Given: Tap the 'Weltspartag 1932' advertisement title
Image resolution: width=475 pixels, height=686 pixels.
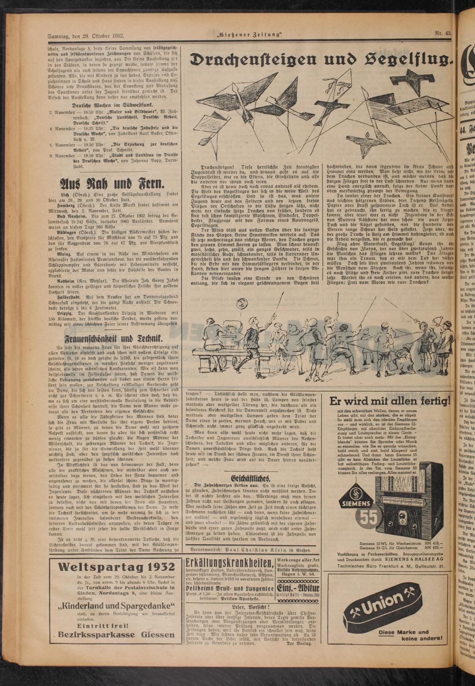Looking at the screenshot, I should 115,553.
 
